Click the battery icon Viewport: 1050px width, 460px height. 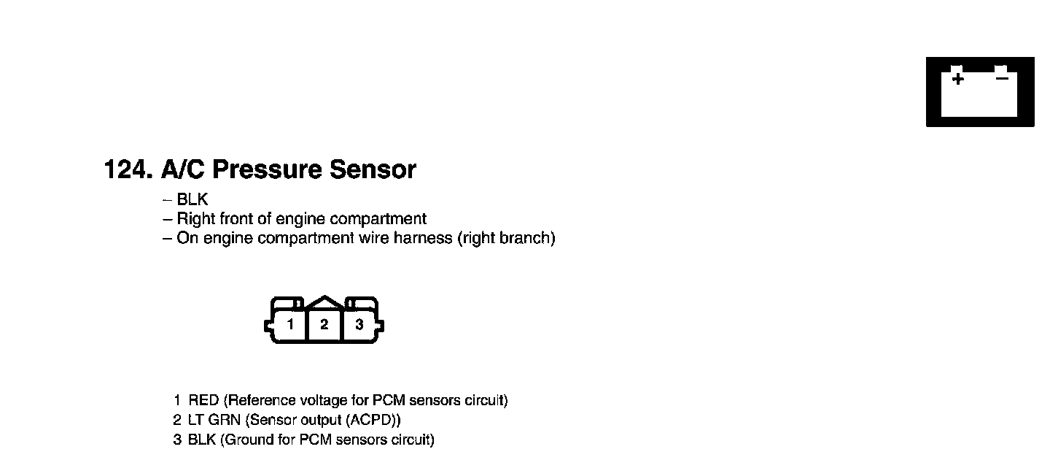[980, 91]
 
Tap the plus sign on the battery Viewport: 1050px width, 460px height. [957, 78]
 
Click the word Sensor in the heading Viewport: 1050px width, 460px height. [373, 170]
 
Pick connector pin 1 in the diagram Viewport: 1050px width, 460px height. [290, 325]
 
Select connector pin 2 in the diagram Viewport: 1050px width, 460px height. [324, 325]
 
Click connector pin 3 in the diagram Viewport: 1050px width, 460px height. [359, 325]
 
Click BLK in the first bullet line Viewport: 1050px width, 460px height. [192, 200]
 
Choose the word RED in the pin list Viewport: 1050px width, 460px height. [203, 401]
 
